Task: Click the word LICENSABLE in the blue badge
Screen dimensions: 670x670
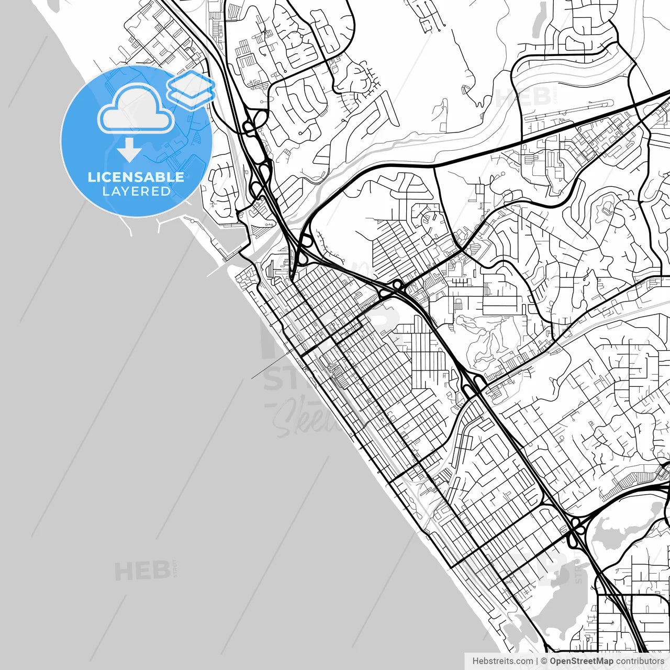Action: tap(136, 177)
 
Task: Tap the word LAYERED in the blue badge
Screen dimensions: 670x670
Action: tap(136, 191)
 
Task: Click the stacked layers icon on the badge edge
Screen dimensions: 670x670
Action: tap(191, 87)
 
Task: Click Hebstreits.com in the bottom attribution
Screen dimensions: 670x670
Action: tap(502, 661)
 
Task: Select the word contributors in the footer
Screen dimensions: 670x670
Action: tap(640, 661)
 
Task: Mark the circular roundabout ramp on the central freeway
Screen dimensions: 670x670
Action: tap(397, 285)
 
